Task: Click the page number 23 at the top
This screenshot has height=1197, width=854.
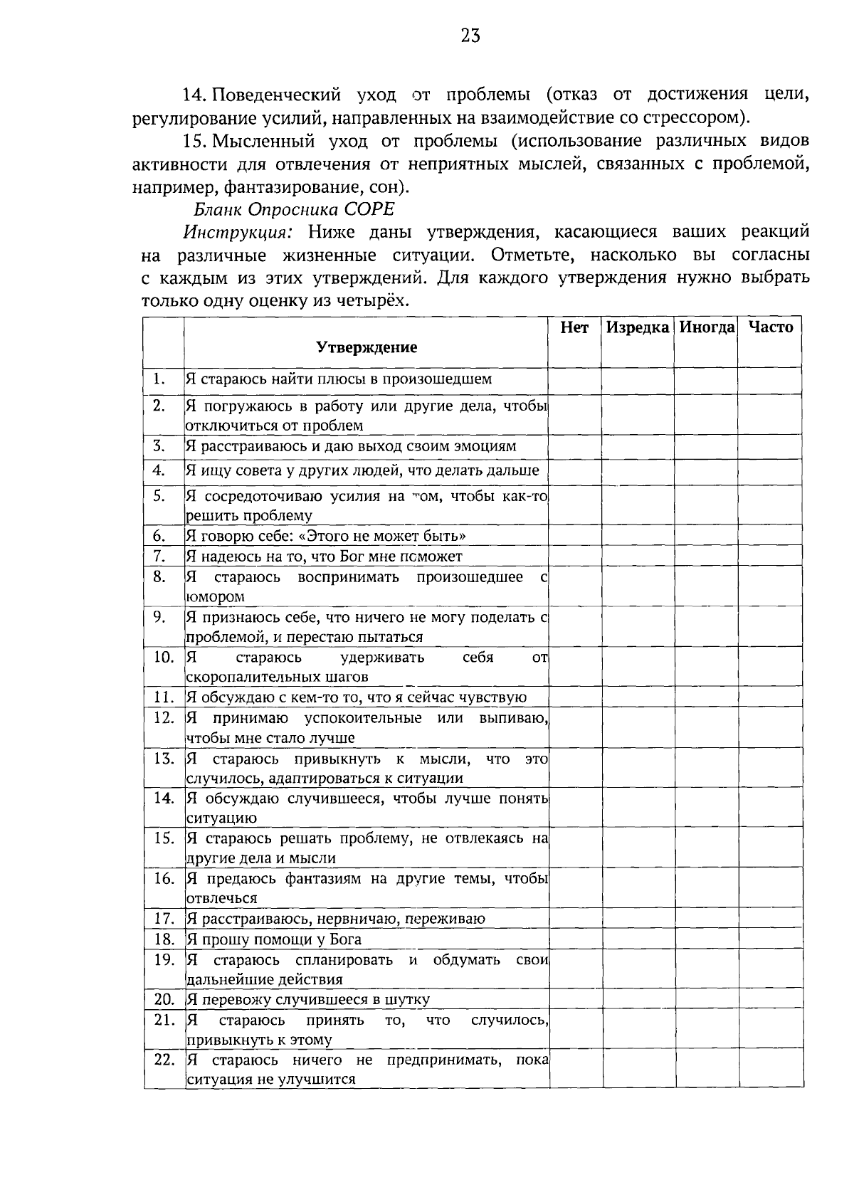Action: pyautogui.click(x=470, y=36)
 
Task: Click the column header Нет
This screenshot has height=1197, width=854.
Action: pyautogui.click(x=574, y=327)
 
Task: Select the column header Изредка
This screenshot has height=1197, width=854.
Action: pyautogui.click(x=638, y=327)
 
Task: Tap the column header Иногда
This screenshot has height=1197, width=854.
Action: pyautogui.click(x=706, y=327)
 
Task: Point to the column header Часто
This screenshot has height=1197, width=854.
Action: pyautogui.click(x=771, y=327)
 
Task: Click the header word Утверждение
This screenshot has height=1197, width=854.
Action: pyautogui.click(x=367, y=348)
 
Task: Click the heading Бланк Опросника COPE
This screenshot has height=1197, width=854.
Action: pyautogui.click(x=293, y=210)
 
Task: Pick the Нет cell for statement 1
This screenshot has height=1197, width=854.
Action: pyautogui.click(x=574, y=379)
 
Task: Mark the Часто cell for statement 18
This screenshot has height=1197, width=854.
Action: pyautogui.click(x=771, y=939)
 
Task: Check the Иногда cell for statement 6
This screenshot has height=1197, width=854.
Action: pyautogui.click(x=706, y=536)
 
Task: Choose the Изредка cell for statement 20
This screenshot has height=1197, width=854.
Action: pyautogui.click(x=638, y=999)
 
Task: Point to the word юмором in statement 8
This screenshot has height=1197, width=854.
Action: pyautogui.click(x=215, y=597)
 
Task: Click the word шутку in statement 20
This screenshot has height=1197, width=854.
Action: pyautogui.click(x=407, y=1000)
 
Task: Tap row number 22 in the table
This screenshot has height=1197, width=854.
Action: pyautogui.click(x=164, y=1060)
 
